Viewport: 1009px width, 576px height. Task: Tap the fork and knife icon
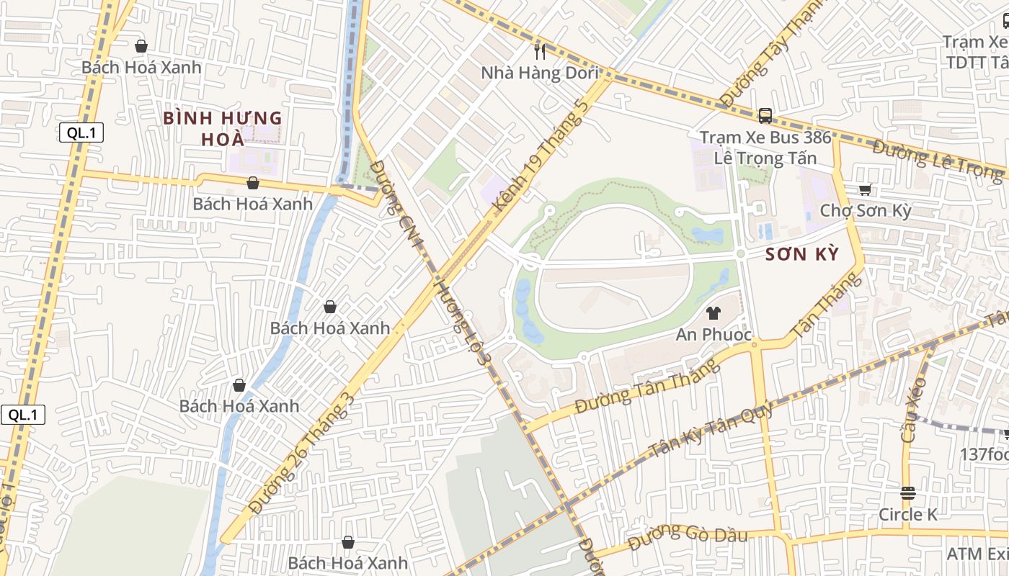(539, 51)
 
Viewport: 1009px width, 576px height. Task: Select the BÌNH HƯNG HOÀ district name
(222, 128)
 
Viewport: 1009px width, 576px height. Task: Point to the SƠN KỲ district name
(802, 254)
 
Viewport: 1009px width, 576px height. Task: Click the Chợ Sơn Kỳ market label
(866, 211)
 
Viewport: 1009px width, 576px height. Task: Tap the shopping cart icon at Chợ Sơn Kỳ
(865, 189)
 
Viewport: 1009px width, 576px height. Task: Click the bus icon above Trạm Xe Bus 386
(765, 115)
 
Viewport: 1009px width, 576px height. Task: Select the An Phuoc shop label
(714, 335)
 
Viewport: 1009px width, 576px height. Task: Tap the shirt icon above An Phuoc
(714, 313)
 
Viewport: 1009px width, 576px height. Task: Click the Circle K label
(907, 515)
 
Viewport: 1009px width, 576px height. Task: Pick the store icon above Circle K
(907, 493)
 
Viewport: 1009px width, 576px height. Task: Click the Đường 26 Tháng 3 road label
(302, 454)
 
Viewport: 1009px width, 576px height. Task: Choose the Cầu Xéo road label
(912, 409)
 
